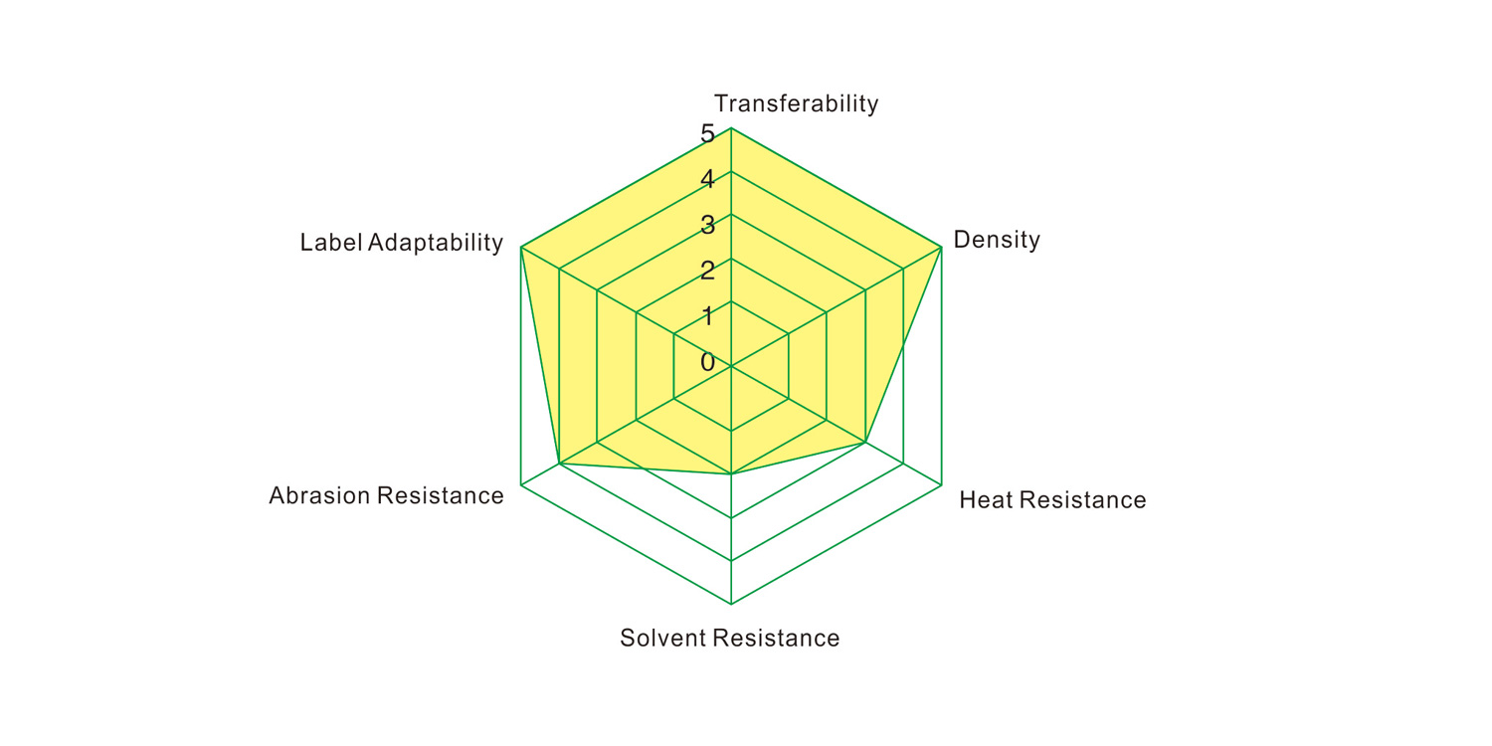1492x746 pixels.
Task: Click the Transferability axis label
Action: (x=796, y=103)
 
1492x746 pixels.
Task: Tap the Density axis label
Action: (x=997, y=240)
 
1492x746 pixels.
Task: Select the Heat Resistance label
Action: (x=1052, y=499)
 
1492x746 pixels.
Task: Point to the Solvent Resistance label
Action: (x=729, y=639)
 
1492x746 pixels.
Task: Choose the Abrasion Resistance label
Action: (x=386, y=495)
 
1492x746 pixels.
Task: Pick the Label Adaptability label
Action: (x=401, y=243)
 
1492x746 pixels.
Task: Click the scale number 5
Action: (x=707, y=134)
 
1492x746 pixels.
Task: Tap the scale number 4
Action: (x=707, y=179)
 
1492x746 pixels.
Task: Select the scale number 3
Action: (x=707, y=225)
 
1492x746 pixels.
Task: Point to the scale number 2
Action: (x=707, y=271)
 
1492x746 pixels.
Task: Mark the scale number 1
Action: (x=707, y=316)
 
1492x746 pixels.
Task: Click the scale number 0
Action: (x=707, y=362)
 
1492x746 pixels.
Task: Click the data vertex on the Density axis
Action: (x=941, y=247)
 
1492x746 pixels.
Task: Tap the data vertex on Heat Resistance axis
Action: (x=864, y=442)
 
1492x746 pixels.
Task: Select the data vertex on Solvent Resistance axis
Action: (x=731, y=474)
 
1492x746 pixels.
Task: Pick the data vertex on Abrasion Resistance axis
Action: (x=559, y=464)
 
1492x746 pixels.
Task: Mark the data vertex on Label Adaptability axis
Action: (x=521, y=247)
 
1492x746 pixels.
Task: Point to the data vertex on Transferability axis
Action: (x=731, y=128)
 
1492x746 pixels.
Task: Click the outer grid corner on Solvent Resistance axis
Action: (x=731, y=604)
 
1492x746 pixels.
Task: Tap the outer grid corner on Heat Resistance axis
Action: (x=941, y=485)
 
